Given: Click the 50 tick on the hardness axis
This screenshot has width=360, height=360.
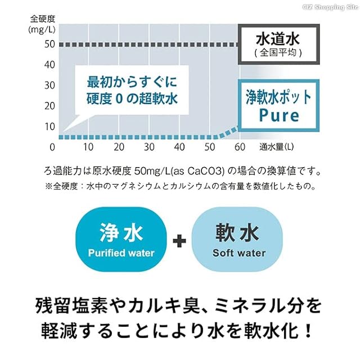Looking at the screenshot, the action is click(x=49, y=44).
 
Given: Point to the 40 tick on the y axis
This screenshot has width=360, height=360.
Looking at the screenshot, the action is click(x=49, y=65).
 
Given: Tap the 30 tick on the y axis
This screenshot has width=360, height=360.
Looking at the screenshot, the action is click(x=49, y=85).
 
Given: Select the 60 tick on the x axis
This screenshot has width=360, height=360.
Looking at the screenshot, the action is click(x=240, y=147).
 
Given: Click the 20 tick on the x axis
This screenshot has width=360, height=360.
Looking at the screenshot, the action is click(x=119, y=147).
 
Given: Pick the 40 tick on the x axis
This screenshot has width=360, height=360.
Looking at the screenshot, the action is click(x=179, y=147).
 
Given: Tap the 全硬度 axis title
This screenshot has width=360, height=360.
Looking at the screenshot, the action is click(x=43, y=19).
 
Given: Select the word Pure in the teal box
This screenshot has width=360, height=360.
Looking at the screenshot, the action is click(x=279, y=115).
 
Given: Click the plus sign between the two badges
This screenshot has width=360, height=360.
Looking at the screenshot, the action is click(x=179, y=242).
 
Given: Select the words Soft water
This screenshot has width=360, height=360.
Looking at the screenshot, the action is click(x=239, y=253).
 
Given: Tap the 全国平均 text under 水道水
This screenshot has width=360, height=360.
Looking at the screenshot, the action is click(x=278, y=52).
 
